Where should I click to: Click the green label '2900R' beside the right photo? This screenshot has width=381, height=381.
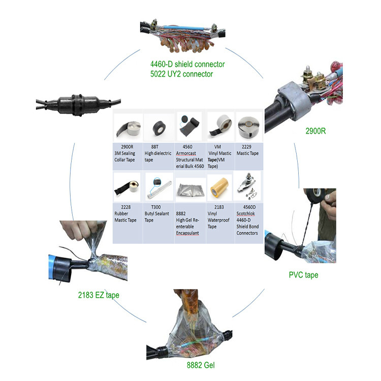[x=315, y=131]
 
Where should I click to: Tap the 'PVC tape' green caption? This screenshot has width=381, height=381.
[x=303, y=275]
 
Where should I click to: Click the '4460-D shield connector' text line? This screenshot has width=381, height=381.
[x=187, y=65]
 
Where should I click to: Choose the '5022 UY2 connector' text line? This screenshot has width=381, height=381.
[x=181, y=74]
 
